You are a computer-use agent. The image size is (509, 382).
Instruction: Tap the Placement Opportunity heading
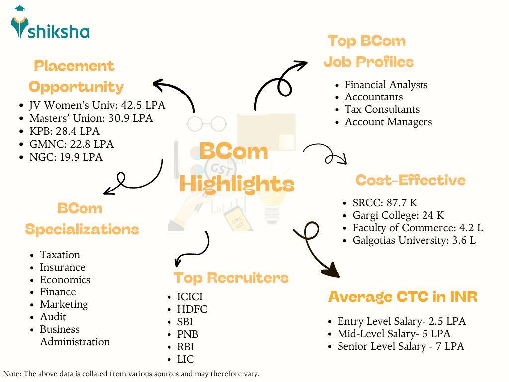coord(75,76)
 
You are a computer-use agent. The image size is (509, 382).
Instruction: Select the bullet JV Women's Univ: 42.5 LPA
coord(96,105)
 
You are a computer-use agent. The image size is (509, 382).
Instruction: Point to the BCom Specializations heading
coord(82,219)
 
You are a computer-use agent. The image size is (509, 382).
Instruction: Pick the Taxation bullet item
coord(60,255)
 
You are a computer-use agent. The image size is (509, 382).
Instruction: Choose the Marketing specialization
coord(64,304)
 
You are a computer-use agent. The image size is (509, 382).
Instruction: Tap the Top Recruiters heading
coord(231,277)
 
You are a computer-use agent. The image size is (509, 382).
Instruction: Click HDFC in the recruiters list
coord(192,309)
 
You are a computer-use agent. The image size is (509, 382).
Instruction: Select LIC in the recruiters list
coord(185,359)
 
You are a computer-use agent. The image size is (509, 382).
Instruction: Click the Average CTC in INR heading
coord(403,297)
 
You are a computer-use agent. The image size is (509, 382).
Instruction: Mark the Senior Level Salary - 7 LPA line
coord(401,346)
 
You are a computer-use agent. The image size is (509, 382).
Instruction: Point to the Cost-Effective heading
coord(411,180)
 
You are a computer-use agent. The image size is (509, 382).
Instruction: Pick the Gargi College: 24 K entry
coord(398,216)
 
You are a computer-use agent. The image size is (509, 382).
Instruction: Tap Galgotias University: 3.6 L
coord(414,241)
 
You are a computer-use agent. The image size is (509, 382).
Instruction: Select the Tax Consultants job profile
coord(382,109)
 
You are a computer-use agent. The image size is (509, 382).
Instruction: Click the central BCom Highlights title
coord(237,168)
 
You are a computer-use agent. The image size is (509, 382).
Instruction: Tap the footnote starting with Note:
coord(132,373)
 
